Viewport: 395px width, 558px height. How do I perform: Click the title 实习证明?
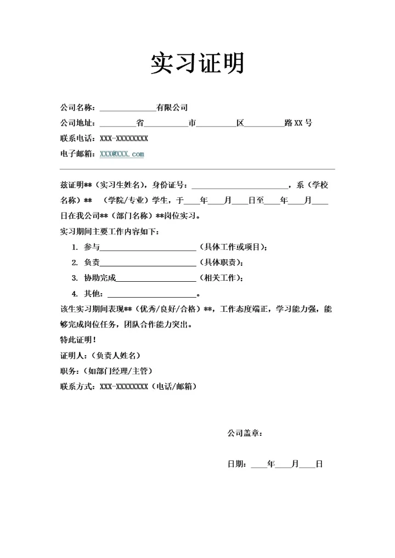197,64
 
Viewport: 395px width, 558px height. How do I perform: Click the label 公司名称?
77,107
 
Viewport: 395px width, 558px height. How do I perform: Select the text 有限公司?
172,107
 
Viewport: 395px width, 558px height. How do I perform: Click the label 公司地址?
77,123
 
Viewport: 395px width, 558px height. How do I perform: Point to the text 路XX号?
298,123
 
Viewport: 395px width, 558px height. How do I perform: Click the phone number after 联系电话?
124,138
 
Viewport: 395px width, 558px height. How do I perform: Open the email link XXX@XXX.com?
122,154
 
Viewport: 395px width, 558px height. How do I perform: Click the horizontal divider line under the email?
197,169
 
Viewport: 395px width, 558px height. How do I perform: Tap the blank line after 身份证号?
239,186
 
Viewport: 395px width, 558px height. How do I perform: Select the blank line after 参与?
148,248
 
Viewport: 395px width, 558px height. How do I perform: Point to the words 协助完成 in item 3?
100,278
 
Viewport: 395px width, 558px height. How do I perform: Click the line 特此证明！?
78,340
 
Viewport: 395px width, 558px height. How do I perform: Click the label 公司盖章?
245,433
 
